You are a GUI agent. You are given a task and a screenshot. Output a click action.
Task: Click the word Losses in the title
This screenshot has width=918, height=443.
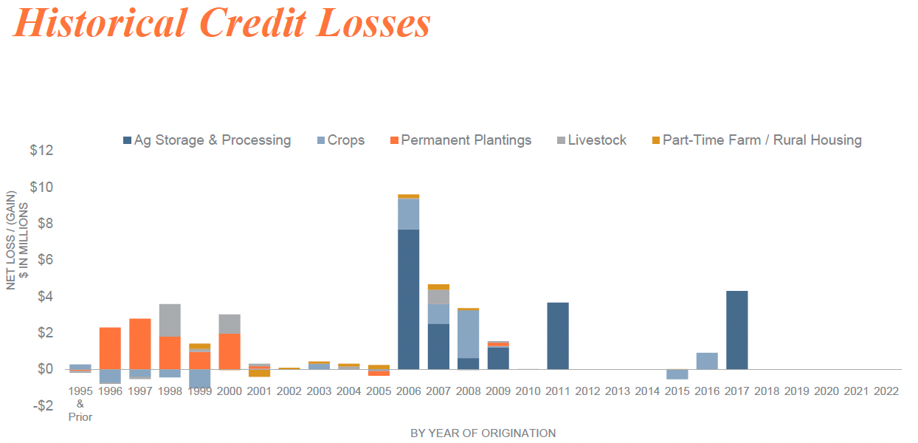click(373, 23)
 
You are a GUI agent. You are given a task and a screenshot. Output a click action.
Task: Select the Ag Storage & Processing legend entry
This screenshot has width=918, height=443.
click(207, 140)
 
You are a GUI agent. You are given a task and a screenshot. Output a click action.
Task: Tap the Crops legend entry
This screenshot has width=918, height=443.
click(341, 140)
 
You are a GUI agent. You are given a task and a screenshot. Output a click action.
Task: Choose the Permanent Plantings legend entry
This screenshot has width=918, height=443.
click(460, 140)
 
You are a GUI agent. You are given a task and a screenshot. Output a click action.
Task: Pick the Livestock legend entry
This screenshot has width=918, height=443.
click(592, 140)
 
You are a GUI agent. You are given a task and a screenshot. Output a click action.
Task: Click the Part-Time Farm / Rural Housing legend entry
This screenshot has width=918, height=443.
click(757, 140)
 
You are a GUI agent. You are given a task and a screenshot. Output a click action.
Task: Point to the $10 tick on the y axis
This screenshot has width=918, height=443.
click(41, 187)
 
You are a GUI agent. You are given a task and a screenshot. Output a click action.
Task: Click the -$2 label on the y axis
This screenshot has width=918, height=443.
click(43, 405)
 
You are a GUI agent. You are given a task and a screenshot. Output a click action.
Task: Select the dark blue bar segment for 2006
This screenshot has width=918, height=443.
click(409, 300)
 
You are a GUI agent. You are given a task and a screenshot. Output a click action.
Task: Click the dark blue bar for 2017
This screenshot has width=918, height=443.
click(737, 330)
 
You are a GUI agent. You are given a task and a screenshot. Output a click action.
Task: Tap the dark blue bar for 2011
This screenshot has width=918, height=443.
click(558, 336)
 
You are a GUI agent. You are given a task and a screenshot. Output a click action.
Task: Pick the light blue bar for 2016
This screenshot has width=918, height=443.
click(707, 361)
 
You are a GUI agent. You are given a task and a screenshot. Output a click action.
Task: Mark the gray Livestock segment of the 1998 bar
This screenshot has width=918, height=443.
click(170, 320)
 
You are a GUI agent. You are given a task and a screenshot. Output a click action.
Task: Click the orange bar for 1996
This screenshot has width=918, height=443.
click(110, 348)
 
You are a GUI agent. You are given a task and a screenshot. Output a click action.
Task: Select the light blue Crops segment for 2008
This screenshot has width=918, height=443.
click(469, 334)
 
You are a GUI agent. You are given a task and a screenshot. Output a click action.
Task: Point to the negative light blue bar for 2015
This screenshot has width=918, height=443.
click(677, 374)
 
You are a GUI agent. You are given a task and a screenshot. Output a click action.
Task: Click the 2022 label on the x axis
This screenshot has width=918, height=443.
click(886, 391)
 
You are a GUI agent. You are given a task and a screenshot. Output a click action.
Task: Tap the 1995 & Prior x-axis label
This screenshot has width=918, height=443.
click(80, 404)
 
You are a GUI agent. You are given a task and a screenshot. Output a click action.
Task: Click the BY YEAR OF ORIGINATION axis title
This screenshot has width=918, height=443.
click(483, 433)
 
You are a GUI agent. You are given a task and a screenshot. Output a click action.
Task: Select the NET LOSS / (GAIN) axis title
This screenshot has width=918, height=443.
click(11, 240)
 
